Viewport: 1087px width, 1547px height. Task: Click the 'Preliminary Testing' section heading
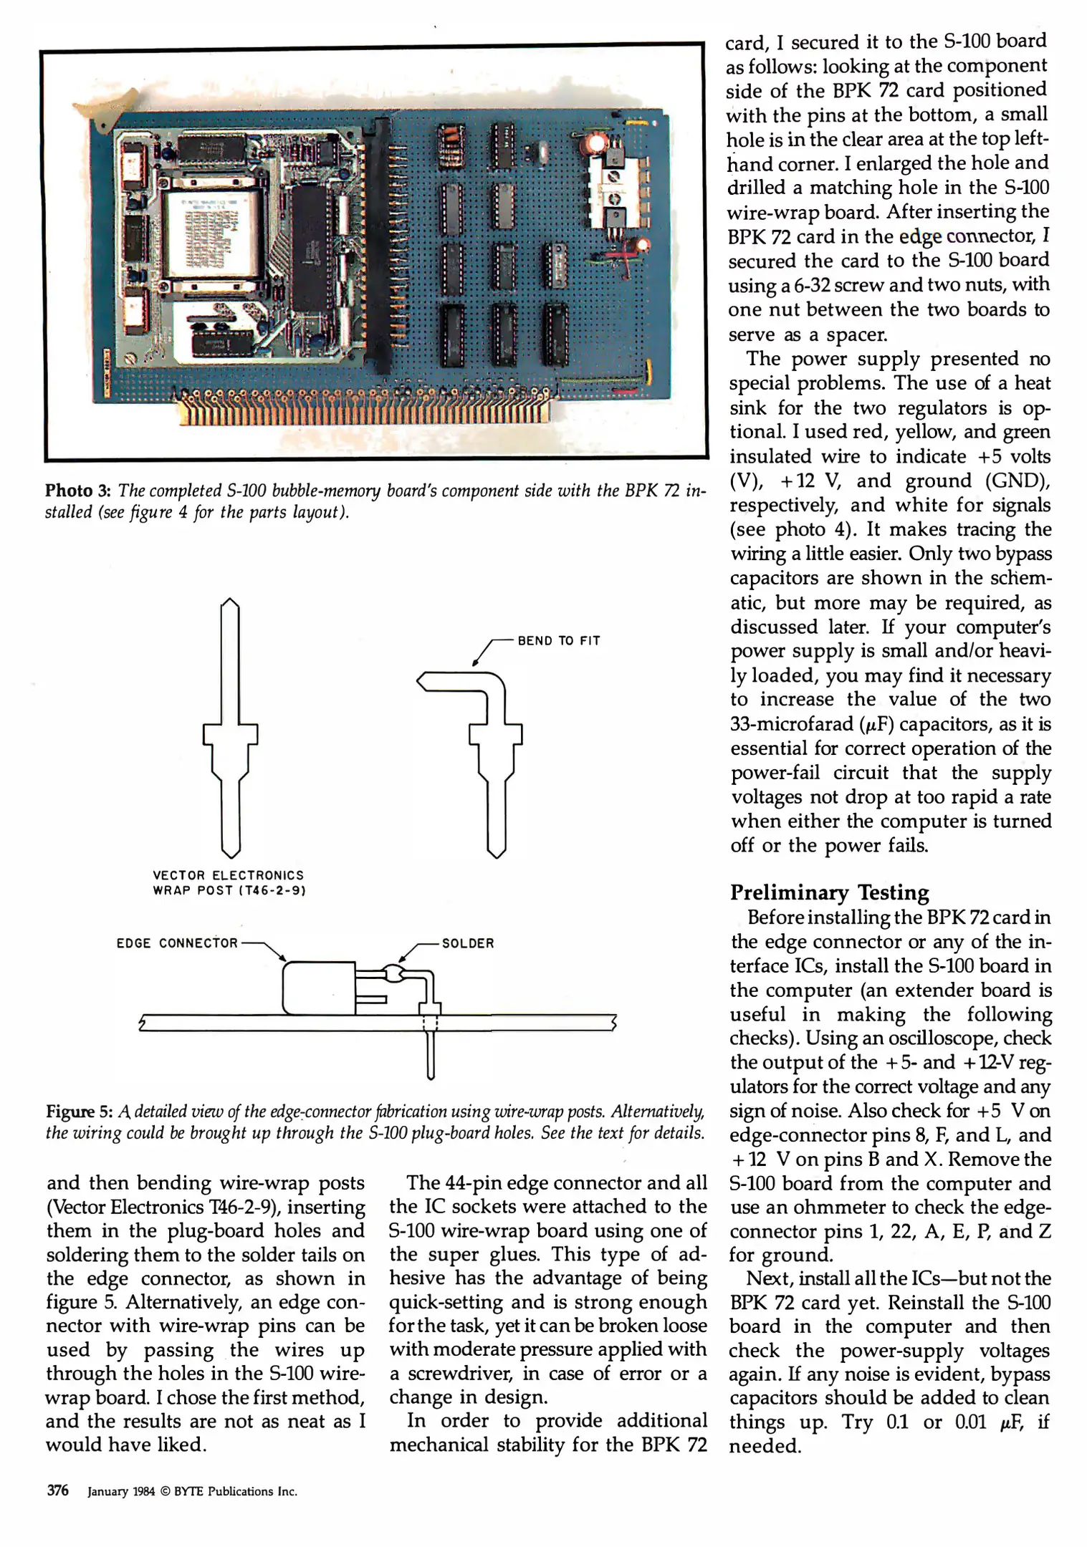829,892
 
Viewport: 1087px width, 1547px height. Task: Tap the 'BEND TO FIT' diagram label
558,641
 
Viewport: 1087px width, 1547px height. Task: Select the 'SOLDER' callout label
468,943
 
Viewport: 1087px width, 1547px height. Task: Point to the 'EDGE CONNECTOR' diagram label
177,943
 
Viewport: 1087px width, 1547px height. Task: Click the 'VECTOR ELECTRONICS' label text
228,875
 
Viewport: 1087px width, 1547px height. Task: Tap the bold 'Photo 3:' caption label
79,491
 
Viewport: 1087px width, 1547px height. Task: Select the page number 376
57,1490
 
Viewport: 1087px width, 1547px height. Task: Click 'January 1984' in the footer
121,1491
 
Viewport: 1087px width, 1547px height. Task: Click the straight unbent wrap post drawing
230,727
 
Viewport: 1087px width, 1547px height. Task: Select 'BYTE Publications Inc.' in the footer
235,1491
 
